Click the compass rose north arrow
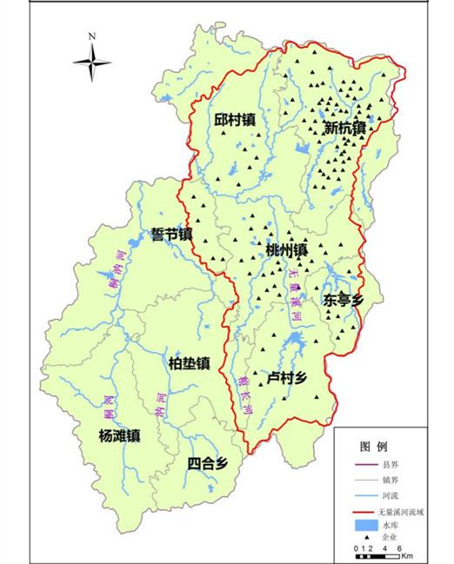91,62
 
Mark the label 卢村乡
287,378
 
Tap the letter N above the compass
91,36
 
